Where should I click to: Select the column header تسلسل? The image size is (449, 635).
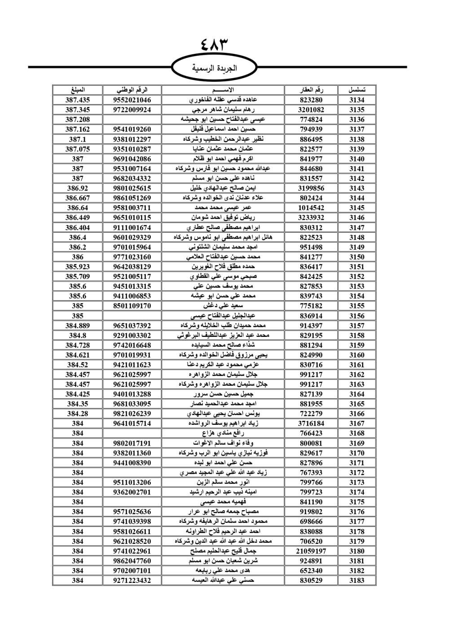(x=357, y=90)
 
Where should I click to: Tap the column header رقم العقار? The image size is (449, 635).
(x=311, y=90)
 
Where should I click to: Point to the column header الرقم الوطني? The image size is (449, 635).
(x=132, y=90)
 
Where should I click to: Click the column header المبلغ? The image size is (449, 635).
(x=78, y=90)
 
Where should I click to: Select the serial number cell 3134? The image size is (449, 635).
(x=357, y=100)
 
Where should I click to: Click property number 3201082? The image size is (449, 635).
(x=311, y=110)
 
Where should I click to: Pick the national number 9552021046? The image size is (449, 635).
(x=132, y=100)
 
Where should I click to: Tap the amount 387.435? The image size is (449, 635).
(x=78, y=100)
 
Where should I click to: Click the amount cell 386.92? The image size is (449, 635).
(x=78, y=188)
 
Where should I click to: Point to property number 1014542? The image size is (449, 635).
(x=311, y=208)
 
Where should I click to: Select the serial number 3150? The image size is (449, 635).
(x=357, y=257)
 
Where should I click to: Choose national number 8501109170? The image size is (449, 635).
(x=132, y=306)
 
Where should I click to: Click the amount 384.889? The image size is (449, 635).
(x=78, y=326)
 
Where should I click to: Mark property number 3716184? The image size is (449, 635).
(x=311, y=423)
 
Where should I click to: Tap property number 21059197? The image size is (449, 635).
(x=311, y=551)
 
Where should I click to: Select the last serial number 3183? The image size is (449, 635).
(x=357, y=580)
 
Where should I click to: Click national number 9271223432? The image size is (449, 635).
(x=132, y=580)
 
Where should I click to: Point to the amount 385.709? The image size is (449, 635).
(x=78, y=277)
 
